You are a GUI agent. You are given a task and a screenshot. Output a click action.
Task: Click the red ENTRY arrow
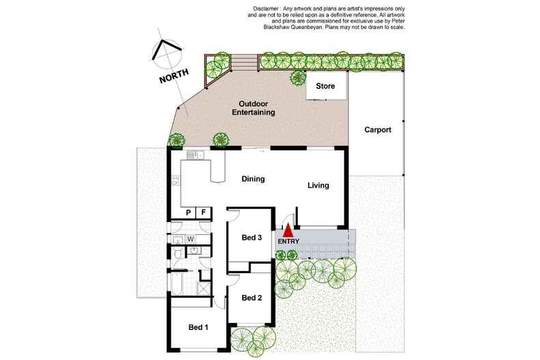tap(288, 230)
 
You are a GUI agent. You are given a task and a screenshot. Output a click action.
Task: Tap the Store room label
tap(325, 86)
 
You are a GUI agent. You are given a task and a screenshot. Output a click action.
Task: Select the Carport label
tap(377, 130)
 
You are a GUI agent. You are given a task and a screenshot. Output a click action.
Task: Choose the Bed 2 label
tap(252, 297)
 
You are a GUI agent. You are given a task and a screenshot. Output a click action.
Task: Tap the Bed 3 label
tap(252, 238)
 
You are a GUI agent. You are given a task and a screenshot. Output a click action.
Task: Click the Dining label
tap(253, 179)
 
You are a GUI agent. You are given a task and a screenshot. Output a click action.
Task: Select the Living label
tap(318, 185)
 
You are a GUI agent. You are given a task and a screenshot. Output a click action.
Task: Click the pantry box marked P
tap(189, 213)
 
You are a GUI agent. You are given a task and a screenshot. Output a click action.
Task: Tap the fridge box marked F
tap(204, 213)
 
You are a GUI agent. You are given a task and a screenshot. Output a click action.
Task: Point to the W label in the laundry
tap(191, 238)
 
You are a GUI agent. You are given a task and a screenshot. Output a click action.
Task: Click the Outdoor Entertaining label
tap(252, 108)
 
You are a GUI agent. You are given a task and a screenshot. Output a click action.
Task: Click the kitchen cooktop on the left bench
tap(176, 181)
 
